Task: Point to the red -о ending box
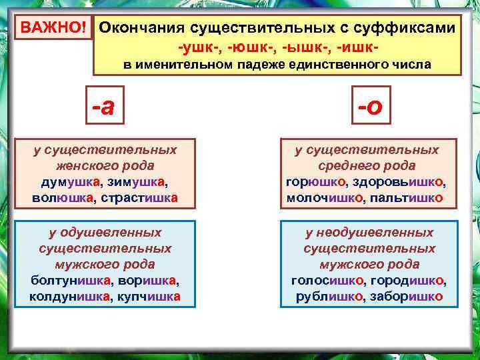point(369,105)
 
